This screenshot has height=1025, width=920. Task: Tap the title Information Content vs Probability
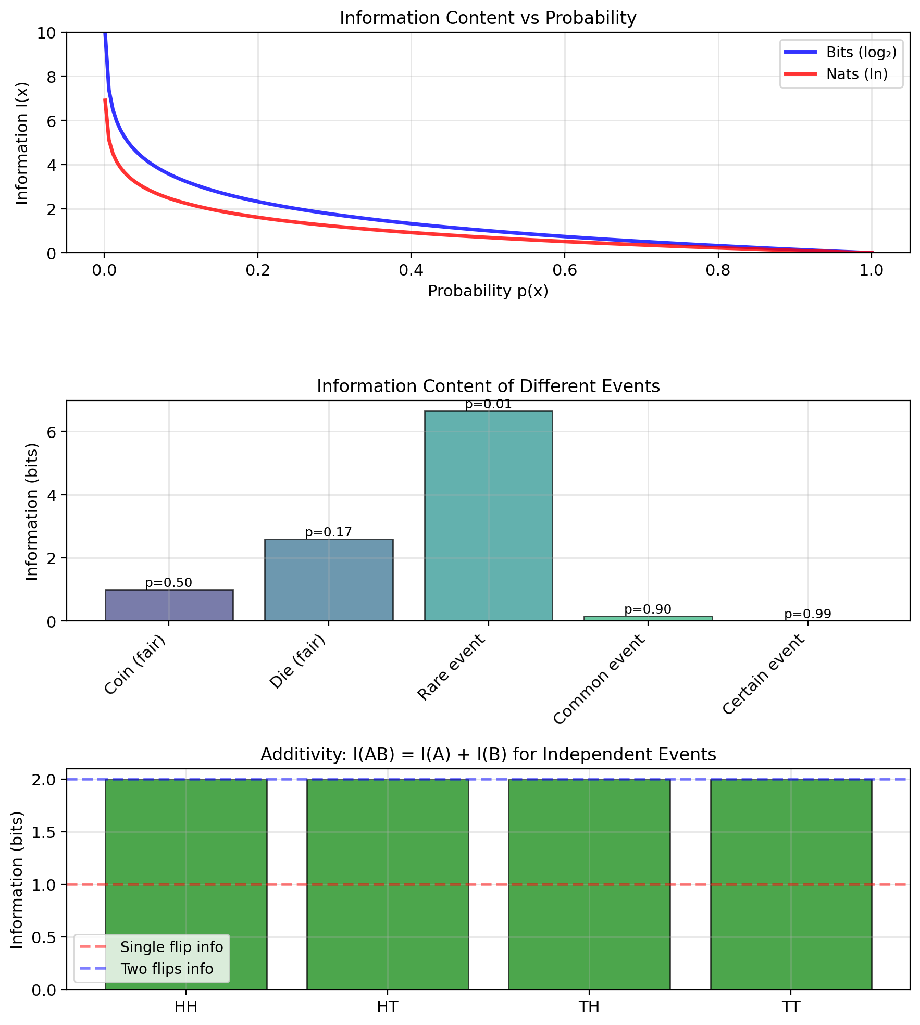[x=488, y=18]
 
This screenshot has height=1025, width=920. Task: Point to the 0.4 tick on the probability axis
[x=411, y=270]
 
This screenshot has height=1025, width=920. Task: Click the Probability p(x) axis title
[x=488, y=291]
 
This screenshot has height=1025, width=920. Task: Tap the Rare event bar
[x=488, y=516]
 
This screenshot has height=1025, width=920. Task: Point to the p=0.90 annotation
[x=648, y=609]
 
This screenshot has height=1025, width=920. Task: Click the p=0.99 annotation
[x=807, y=614]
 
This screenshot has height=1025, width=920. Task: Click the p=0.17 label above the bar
[x=328, y=532]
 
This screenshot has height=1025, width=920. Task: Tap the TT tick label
[x=790, y=1007]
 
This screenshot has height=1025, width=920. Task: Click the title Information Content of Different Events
[x=488, y=386]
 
